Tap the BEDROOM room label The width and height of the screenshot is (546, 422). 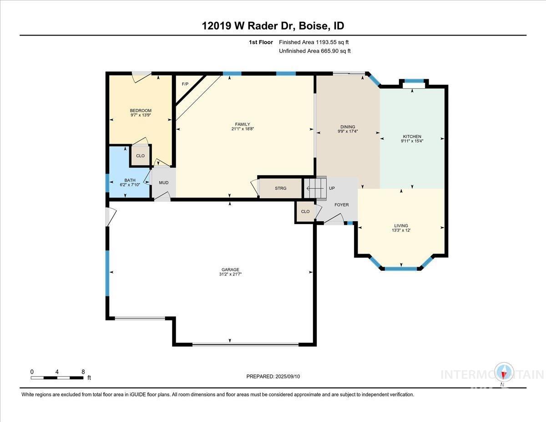[141, 111]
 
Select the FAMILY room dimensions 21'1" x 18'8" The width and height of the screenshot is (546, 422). [242, 129]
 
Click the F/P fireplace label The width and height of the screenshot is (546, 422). [185, 84]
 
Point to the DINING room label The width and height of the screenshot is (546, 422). [348, 127]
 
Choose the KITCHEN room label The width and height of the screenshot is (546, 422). [412, 136]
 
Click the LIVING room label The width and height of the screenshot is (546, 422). [401, 225]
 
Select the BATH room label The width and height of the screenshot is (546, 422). [130, 180]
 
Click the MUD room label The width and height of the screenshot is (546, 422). [163, 183]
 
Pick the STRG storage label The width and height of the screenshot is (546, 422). [281, 188]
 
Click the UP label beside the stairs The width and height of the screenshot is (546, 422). [332, 188]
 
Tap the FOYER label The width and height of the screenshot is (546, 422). [341, 205]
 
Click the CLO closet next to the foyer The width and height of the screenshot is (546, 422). [305, 212]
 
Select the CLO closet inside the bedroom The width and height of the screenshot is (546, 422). [141, 156]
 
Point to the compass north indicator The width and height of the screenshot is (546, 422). [504, 373]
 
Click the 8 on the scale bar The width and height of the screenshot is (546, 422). [83, 371]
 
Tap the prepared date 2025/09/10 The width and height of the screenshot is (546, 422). [273, 376]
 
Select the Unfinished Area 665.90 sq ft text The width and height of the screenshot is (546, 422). [314, 51]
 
